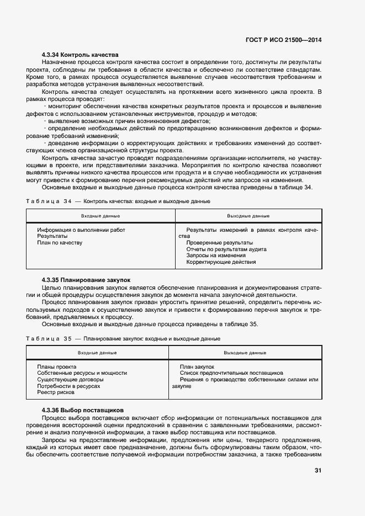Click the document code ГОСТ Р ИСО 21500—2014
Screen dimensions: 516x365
[283, 40]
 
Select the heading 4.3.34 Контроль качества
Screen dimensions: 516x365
[80, 55]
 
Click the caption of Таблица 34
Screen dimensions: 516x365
[118, 201]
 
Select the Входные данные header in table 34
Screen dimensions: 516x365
[100, 216]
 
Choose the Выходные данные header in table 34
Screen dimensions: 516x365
[248, 216]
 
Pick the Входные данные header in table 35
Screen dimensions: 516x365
[97, 353]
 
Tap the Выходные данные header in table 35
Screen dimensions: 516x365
[245, 353]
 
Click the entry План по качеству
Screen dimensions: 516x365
[60, 243]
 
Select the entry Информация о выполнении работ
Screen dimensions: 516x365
[81, 230]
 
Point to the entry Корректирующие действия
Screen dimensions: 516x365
[221, 263]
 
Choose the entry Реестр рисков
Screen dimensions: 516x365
[56, 393]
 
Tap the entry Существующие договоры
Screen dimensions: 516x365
[70, 380]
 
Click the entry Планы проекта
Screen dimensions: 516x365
[57, 366]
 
